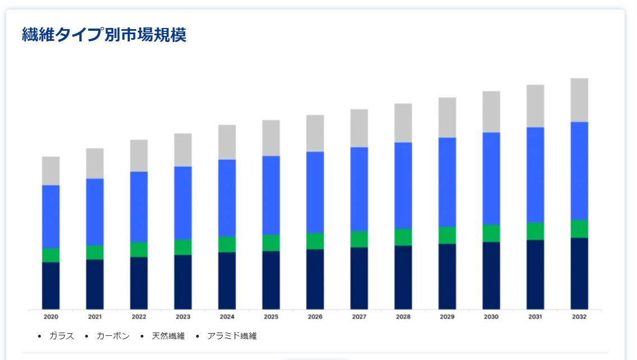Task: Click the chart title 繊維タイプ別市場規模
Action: tap(104, 35)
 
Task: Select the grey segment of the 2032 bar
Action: tap(579, 100)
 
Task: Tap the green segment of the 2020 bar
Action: tap(51, 255)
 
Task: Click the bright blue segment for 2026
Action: tap(315, 192)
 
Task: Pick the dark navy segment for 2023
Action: tap(183, 282)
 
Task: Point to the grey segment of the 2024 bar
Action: tap(227, 142)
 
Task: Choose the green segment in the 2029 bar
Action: tap(447, 235)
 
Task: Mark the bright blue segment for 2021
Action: tap(95, 212)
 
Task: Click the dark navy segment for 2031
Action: tap(535, 274)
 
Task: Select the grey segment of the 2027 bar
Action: tap(359, 128)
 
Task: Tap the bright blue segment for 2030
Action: tap(491, 178)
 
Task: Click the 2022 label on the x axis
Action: tap(139, 317)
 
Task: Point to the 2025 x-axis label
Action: tap(271, 317)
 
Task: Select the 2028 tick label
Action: tap(403, 317)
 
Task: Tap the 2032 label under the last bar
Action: tap(579, 317)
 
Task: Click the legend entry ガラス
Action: tap(61, 336)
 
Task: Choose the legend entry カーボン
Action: tap(113, 336)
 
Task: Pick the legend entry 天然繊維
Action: tap(168, 336)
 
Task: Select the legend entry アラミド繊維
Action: tap(232, 336)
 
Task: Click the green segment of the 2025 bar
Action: tap(271, 243)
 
